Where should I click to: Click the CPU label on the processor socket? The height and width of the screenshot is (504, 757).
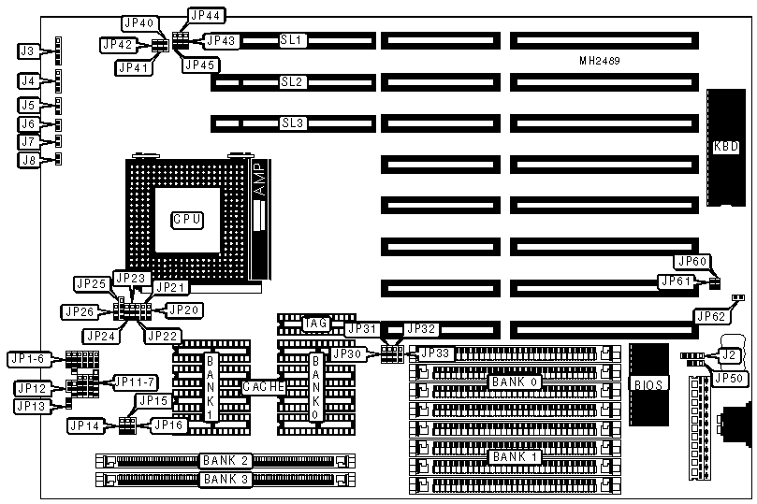(x=186, y=220)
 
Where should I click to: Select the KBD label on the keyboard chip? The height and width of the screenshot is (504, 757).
(x=725, y=146)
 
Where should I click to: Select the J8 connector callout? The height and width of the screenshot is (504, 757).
(x=29, y=160)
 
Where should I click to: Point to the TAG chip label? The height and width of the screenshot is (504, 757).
(x=315, y=324)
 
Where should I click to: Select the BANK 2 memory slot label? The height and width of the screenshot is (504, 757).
(x=222, y=460)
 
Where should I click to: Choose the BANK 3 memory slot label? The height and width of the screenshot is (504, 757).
(x=222, y=480)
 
